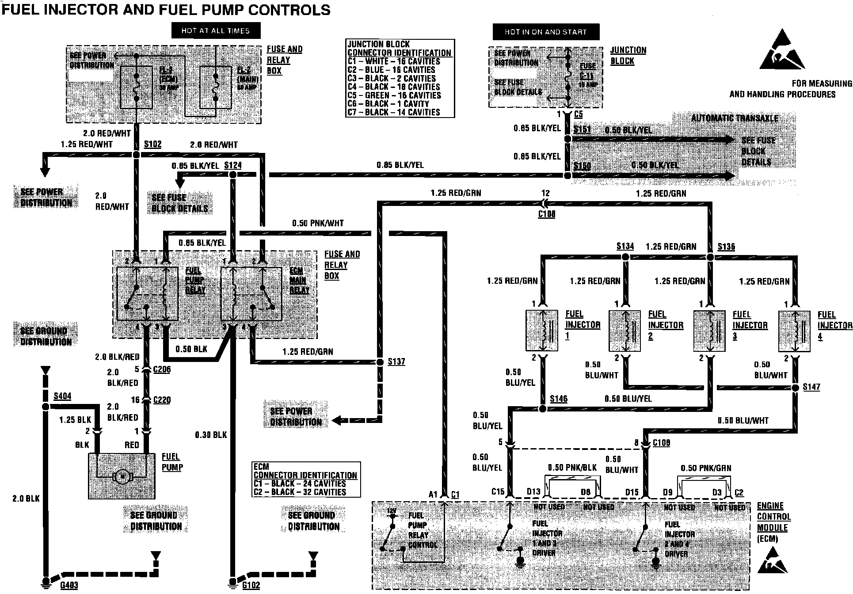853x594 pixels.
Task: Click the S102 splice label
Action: (x=152, y=145)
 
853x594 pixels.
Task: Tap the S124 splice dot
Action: (x=232, y=175)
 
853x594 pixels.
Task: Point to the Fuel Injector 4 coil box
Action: (x=794, y=331)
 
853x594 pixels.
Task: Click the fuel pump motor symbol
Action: (x=122, y=476)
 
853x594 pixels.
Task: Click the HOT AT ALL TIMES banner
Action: (x=216, y=31)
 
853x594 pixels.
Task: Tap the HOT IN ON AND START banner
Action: (x=546, y=32)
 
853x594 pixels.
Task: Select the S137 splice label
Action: (x=396, y=362)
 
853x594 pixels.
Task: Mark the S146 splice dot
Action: (x=543, y=408)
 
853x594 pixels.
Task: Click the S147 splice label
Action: (x=811, y=387)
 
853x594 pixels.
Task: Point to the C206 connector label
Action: (x=162, y=369)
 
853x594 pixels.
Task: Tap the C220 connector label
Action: (x=162, y=400)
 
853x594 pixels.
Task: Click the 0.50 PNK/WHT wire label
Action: (x=318, y=224)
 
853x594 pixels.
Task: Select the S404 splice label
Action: (x=62, y=396)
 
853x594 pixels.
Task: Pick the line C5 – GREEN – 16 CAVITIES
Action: (x=394, y=95)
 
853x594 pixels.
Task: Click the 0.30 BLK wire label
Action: (x=211, y=435)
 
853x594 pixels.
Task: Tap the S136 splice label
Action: (x=726, y=247)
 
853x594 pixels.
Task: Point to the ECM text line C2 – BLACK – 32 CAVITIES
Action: (x=300, y=492)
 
